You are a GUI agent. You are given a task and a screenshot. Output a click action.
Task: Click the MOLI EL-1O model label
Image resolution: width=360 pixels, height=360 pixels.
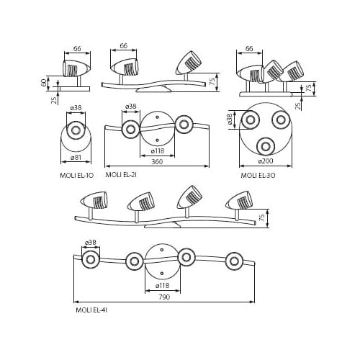tap(76, 176)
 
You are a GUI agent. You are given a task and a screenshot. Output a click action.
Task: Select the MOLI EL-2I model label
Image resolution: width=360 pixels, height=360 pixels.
tap(121, 175)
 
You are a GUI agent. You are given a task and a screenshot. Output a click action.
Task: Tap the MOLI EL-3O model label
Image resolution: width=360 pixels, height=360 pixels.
tap(258, 176)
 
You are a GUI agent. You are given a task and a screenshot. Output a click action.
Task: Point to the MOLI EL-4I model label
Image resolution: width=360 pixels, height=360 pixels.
tap(91, 310)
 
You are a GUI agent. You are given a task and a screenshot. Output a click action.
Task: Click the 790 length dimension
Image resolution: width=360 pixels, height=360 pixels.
tap(164, 297)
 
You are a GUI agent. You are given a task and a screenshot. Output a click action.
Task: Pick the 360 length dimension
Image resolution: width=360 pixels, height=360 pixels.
tap(157, 162)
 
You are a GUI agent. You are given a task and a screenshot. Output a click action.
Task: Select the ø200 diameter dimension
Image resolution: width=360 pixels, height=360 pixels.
tap(266, 161)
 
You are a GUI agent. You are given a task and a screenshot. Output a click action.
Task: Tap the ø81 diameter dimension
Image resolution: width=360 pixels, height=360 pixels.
tap(76, 158)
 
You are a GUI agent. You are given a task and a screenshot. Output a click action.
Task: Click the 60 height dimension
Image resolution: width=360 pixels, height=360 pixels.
tap(44, 83)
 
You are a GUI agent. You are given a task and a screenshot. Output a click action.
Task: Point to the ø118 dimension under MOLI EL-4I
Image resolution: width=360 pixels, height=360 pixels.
tap(163, 286)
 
